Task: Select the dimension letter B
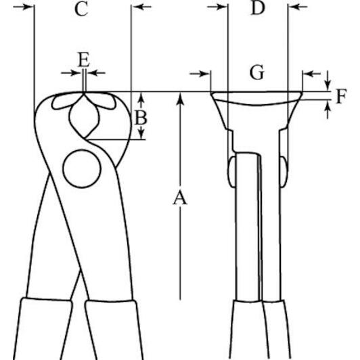[x=141, y=117]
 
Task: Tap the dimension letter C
[x=81, y=9]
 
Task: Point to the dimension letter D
[x=258, y=8]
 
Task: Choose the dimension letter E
[x=84, y=60]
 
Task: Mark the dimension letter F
[x=342, y=96]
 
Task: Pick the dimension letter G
[x=257, y=72]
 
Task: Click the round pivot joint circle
[x=82, y=168]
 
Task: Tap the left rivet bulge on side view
[x=231, y=171]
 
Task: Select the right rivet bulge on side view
[x=284, y=171]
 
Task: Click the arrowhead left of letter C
[x=28, y=7]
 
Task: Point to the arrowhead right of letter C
[x=137, y=7]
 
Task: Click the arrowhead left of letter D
[x=222, y=7]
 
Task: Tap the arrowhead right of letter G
[x=308, y=74]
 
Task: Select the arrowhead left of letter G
[x=205, y=74]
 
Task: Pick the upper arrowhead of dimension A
[x=180, y=98]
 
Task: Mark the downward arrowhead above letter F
[x=328, y=85]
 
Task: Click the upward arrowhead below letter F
[x=328, y=107]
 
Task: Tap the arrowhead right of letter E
[x=93, y=73]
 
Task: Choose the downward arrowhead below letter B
[x=141, y=134]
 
